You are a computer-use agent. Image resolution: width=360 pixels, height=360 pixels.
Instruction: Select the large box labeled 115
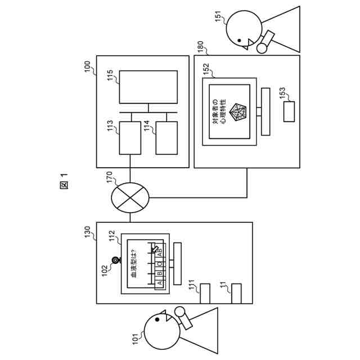(x=148, y=87)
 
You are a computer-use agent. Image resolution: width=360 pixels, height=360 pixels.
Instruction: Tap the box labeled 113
(x=130, y=138)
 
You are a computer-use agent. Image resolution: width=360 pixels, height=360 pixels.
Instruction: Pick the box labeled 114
(x=166, y=138)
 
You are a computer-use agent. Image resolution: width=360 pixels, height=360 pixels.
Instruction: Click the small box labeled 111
(x=204, y=294)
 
